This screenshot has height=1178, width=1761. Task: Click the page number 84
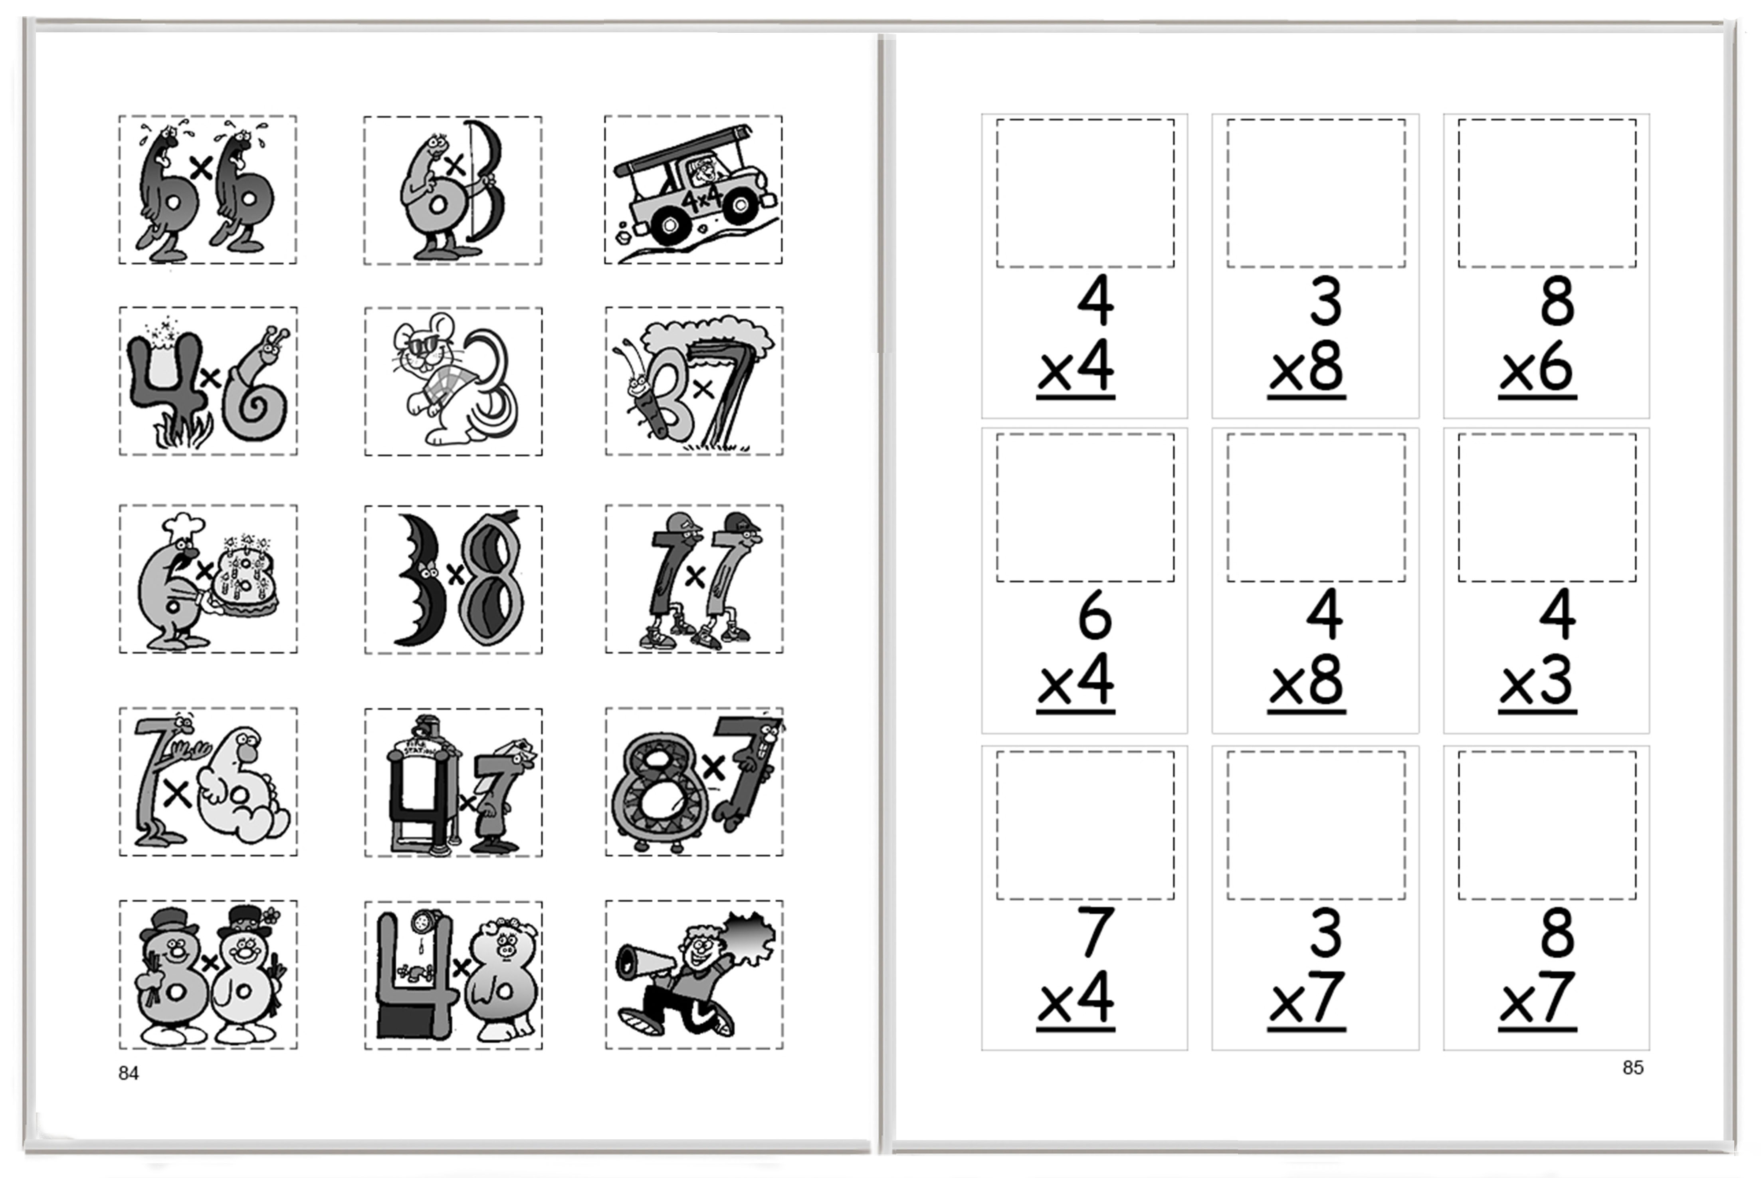pyautogui.click(x=129, y=1073)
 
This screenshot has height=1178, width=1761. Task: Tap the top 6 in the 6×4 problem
pyautogui.click(x=1095, y=614)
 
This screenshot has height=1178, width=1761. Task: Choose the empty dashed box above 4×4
pyautogui.click(x=1085, y=193)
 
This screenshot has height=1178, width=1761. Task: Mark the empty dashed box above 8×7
pyautogui.click(x=1547, y=824)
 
